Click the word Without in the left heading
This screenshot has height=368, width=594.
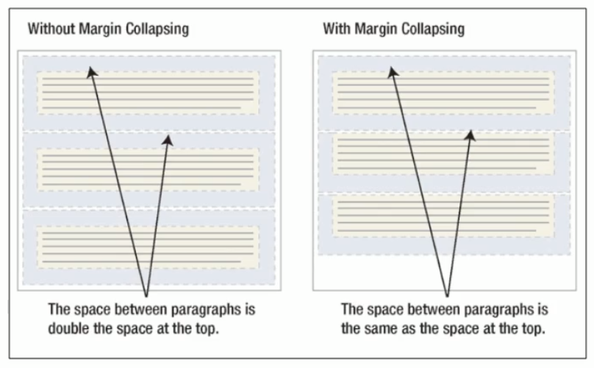coord(49,30)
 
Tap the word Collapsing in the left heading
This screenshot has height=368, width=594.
coord(155,30)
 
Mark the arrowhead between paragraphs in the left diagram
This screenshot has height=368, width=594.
coord(168,140)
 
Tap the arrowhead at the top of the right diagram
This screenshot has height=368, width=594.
coord(392,71)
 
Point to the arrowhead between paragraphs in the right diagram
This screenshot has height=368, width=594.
coord(470,134)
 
